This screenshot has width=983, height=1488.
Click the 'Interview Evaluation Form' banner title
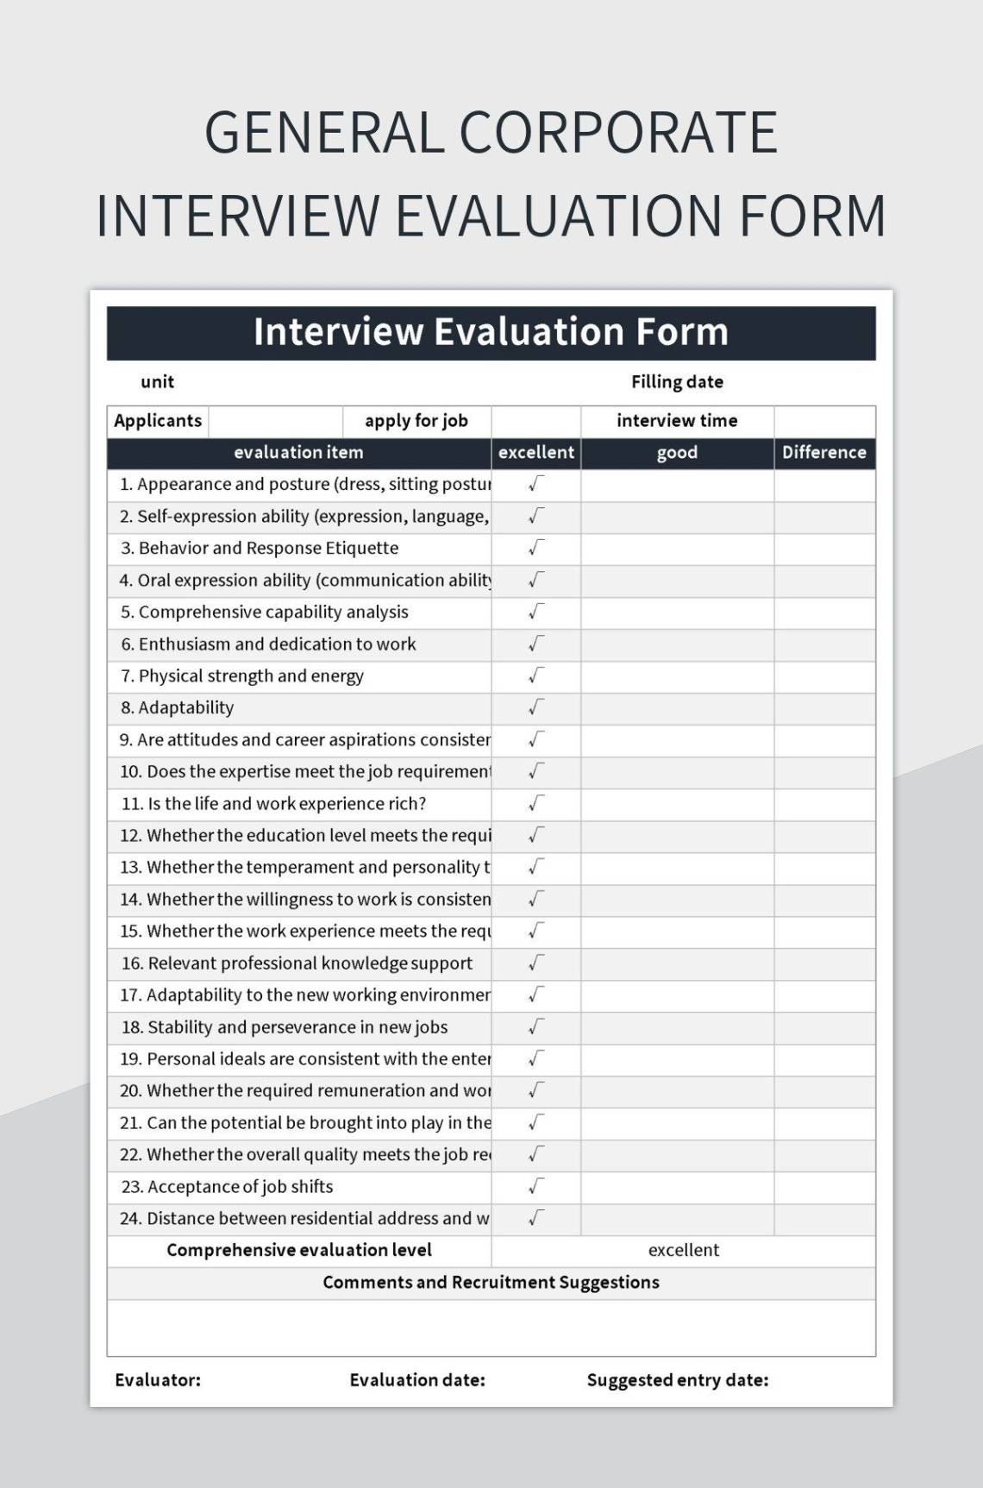coord(491,332)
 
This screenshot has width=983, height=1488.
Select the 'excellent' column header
coord(535,453)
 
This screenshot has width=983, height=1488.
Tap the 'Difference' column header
coord(823,453)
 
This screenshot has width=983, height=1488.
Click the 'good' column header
coord(677,453)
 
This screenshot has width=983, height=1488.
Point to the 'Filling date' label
coord(677,381)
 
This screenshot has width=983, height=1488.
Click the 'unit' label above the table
coord(157,381)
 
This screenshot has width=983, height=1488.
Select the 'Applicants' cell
coord(158,421)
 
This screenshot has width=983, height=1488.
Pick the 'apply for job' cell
coord(416,421)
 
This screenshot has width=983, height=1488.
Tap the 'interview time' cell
coord(677,421)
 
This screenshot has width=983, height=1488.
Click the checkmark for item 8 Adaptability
coord(536,707)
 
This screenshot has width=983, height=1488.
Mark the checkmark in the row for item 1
coord(536,484)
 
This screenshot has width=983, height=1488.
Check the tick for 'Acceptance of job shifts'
coord(536,1186)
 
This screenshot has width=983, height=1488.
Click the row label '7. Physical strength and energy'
coord(242,676)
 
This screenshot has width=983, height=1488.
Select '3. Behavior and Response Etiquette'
coord(260,549)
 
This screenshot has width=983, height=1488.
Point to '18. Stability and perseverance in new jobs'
coord(285,1027)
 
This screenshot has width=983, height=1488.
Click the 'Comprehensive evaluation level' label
coord(299,1250)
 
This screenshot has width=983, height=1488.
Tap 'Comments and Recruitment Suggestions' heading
coord(491,1283)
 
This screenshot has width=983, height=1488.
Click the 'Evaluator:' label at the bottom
coord(158,1380)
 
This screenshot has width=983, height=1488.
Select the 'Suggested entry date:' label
coord(677,1380)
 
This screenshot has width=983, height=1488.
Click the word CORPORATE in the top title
coord(618,134)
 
